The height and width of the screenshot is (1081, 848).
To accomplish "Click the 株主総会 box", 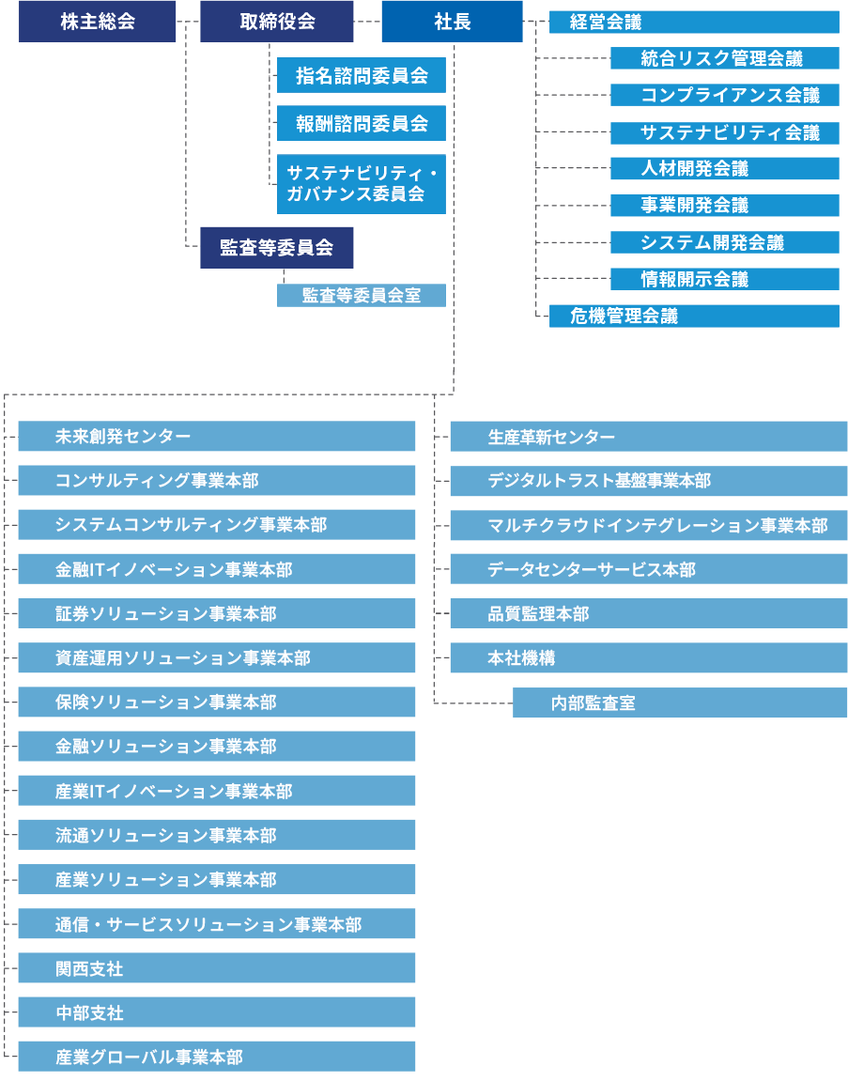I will pos(98,22).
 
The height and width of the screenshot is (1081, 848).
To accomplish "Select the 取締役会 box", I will pos(277,22).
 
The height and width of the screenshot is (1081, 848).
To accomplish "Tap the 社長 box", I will pos(452,22).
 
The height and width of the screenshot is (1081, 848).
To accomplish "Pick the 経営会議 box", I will pos(693,22).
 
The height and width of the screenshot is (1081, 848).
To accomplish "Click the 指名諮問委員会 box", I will pos(362,76).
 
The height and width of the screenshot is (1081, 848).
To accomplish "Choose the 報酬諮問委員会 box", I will pos(362,123).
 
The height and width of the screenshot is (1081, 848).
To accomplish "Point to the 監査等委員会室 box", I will pos(362,295).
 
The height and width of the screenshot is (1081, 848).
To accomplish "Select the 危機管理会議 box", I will pos(693,316).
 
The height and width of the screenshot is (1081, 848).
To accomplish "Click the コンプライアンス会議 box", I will pos(724,95).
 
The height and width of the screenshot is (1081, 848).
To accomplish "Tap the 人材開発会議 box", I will pos(724,169).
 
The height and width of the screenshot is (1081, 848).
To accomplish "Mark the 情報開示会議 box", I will pos(724,279).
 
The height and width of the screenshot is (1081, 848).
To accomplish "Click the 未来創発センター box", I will pos(217,437).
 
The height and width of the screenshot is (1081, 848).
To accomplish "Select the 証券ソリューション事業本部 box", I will pos(217,614).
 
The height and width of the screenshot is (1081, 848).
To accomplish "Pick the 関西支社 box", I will pos(217,968).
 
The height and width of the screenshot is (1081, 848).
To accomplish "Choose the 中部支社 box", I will pos(217,1012).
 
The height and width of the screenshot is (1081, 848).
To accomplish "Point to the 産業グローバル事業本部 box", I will pos(217,1057).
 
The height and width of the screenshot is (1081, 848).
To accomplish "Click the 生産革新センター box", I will pos(649,437).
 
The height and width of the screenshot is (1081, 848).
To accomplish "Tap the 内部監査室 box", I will pos(680,703).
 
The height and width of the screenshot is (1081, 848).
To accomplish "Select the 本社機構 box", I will pos(649,658).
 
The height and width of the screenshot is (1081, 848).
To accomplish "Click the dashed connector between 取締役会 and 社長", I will pos(367,21).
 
